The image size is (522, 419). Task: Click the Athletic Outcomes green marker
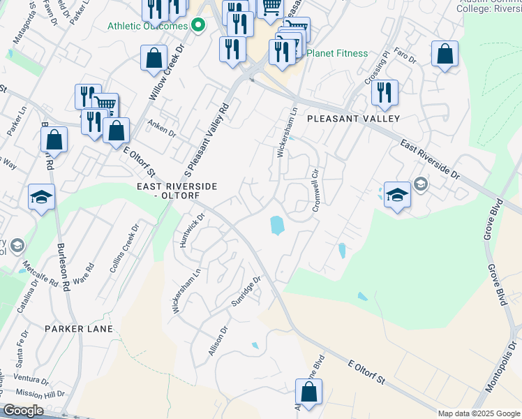coord(198,26)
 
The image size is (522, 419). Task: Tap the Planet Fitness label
coord(338,52)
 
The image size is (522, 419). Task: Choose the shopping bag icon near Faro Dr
coord(445,54)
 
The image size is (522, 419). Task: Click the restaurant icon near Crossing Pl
coord(384,93)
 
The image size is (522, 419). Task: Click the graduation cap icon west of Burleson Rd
coord(42,197)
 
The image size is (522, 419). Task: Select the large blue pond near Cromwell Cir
coord(277,225)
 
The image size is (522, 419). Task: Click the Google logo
coord(23,411)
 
